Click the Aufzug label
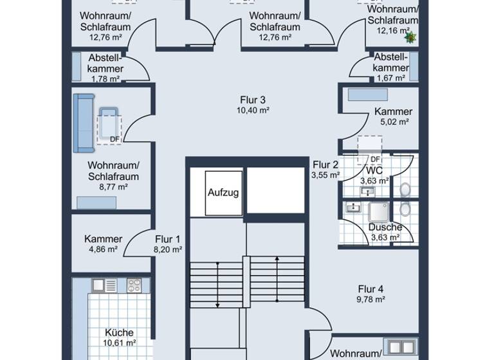(223, 193)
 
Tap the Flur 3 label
(253, 100)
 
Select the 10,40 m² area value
(253, 110)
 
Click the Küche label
(120, 332)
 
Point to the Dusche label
(385, 227)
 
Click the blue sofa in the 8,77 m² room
(83, 123)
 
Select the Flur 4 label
(371, 289)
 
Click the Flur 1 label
(168, 239)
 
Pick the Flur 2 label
(325, 165)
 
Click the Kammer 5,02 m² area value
(393, 122)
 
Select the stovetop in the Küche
(134, 284)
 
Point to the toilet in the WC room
(405, 190)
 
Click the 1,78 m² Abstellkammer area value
(105, 79)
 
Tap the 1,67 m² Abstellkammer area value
(390, 78)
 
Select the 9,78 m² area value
(371, 299)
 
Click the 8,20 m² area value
(168, 249)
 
